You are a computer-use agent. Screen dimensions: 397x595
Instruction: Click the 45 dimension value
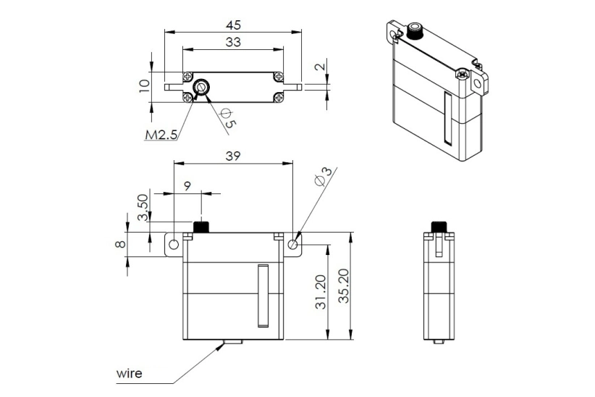233,25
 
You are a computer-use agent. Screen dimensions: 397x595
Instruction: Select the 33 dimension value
233,42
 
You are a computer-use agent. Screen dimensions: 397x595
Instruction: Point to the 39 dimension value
232,156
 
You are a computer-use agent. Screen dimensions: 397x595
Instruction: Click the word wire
130,374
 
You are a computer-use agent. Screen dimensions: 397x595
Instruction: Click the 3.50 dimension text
143,207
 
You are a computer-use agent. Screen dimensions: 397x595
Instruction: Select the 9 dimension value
187,186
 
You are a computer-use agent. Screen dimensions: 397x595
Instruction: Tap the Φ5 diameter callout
227,119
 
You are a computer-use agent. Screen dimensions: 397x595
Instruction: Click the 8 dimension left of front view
121,243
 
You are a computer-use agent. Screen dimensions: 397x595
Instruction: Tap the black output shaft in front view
201,226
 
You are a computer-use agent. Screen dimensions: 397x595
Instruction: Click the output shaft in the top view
201,88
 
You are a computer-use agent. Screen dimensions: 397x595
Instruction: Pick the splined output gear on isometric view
415,31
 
